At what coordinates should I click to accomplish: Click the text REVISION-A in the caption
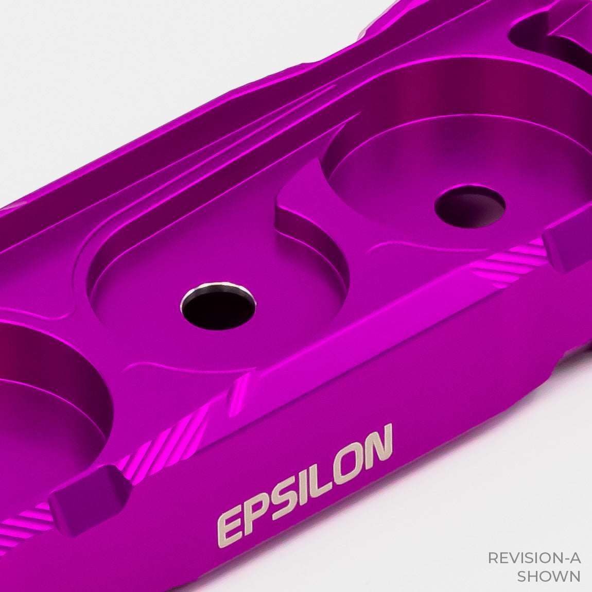[534, 558]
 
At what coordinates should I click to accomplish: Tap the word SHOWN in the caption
[548, 576]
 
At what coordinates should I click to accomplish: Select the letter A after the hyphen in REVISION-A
[574, 558]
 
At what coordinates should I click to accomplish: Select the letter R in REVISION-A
[492, 558]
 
